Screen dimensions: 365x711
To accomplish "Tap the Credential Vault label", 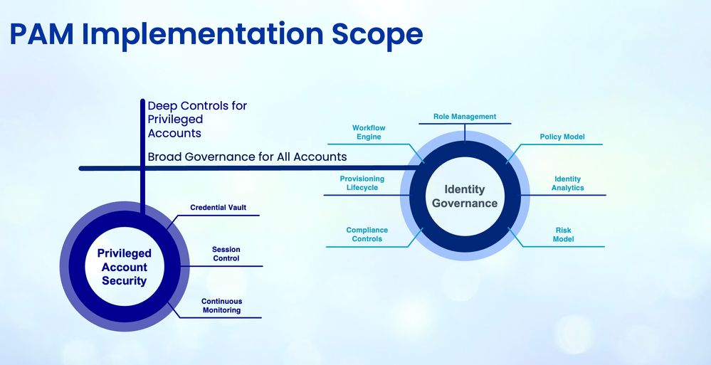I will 218,208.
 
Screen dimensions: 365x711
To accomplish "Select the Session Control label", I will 226,254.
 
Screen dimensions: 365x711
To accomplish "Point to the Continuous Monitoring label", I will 221,306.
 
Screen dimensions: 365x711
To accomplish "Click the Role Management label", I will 465,117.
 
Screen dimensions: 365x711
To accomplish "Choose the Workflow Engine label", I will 369,132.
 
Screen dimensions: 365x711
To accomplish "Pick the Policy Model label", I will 562,137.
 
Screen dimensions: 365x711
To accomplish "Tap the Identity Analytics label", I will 567,184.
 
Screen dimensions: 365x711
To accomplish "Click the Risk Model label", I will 563,235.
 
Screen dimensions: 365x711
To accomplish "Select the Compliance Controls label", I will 367,235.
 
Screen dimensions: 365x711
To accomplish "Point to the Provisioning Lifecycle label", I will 362,184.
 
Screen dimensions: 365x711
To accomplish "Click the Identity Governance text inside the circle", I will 465,196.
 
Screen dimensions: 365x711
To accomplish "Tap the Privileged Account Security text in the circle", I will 124,267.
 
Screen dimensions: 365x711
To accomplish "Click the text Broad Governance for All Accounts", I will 247,157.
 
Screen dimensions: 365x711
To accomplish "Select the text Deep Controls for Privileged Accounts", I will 197,119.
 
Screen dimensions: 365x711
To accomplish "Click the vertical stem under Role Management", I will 465,132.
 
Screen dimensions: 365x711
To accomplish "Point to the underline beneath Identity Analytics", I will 569,195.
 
